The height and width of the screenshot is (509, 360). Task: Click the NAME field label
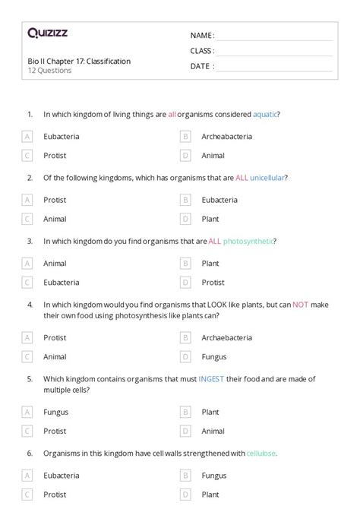202,36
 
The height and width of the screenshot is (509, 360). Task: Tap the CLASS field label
202,51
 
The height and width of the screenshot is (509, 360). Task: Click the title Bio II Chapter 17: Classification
79,61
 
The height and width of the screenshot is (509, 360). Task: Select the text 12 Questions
49,71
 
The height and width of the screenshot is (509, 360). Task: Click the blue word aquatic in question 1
266,115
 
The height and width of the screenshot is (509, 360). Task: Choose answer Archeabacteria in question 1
226,137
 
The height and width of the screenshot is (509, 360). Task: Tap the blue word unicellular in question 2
267,178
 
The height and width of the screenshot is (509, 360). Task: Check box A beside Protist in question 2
27,200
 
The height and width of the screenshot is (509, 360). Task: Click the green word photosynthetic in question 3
248,241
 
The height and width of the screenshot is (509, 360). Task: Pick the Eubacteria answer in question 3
62,282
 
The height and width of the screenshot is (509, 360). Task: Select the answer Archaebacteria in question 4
227,337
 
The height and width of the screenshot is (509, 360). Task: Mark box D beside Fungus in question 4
185,356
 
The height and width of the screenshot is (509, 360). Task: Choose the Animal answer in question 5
213,430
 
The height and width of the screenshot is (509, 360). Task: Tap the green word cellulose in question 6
261,453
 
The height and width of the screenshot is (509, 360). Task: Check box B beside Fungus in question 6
185,476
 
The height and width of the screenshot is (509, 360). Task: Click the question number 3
30,241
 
